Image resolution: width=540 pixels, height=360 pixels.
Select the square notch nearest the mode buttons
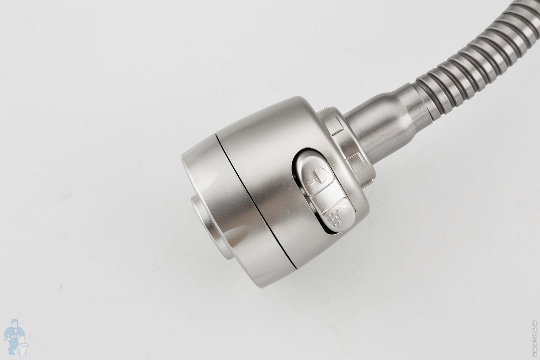click(x=356, y=163)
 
